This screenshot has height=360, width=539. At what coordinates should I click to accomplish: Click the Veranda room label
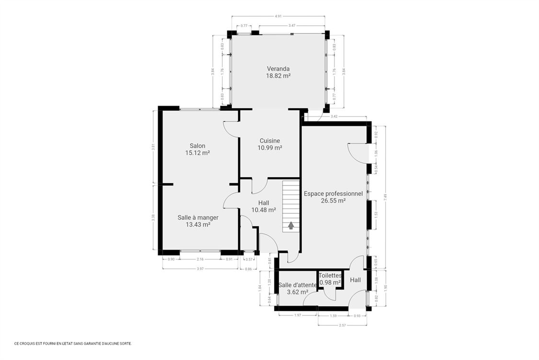click(278, 69)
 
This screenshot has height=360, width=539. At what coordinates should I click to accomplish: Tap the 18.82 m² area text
click(278, 76)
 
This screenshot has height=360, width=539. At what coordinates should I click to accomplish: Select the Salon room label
click(197, 146)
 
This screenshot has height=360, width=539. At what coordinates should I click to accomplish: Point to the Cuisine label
click(270, 140)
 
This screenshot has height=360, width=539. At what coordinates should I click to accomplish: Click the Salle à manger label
click(198, 218)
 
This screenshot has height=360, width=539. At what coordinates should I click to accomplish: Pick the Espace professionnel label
click(333, 194)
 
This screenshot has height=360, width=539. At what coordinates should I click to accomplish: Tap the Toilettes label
click(330, 276)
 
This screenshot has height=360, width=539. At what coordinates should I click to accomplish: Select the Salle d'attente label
click(298, 285)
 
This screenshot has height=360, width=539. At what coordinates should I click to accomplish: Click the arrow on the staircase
click(290, 225)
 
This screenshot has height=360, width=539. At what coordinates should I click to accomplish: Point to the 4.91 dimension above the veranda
click(278, 16)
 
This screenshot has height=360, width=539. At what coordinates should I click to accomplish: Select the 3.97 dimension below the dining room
click(200, 269)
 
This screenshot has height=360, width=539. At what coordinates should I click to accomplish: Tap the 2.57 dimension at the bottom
click(342, 325)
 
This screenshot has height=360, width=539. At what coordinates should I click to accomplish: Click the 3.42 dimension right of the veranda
click(334, 116)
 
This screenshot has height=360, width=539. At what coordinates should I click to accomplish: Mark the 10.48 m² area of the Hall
click(264, 210)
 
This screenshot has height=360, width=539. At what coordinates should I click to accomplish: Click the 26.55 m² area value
click(333, 201)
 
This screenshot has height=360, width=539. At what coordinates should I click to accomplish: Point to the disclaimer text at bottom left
click(73, 343)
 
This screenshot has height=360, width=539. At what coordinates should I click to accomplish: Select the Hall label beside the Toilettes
click(355, 280)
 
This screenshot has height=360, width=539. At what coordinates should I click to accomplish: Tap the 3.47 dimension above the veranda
click(292, 25)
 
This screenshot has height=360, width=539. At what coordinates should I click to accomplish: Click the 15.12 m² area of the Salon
click(197, 153)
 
